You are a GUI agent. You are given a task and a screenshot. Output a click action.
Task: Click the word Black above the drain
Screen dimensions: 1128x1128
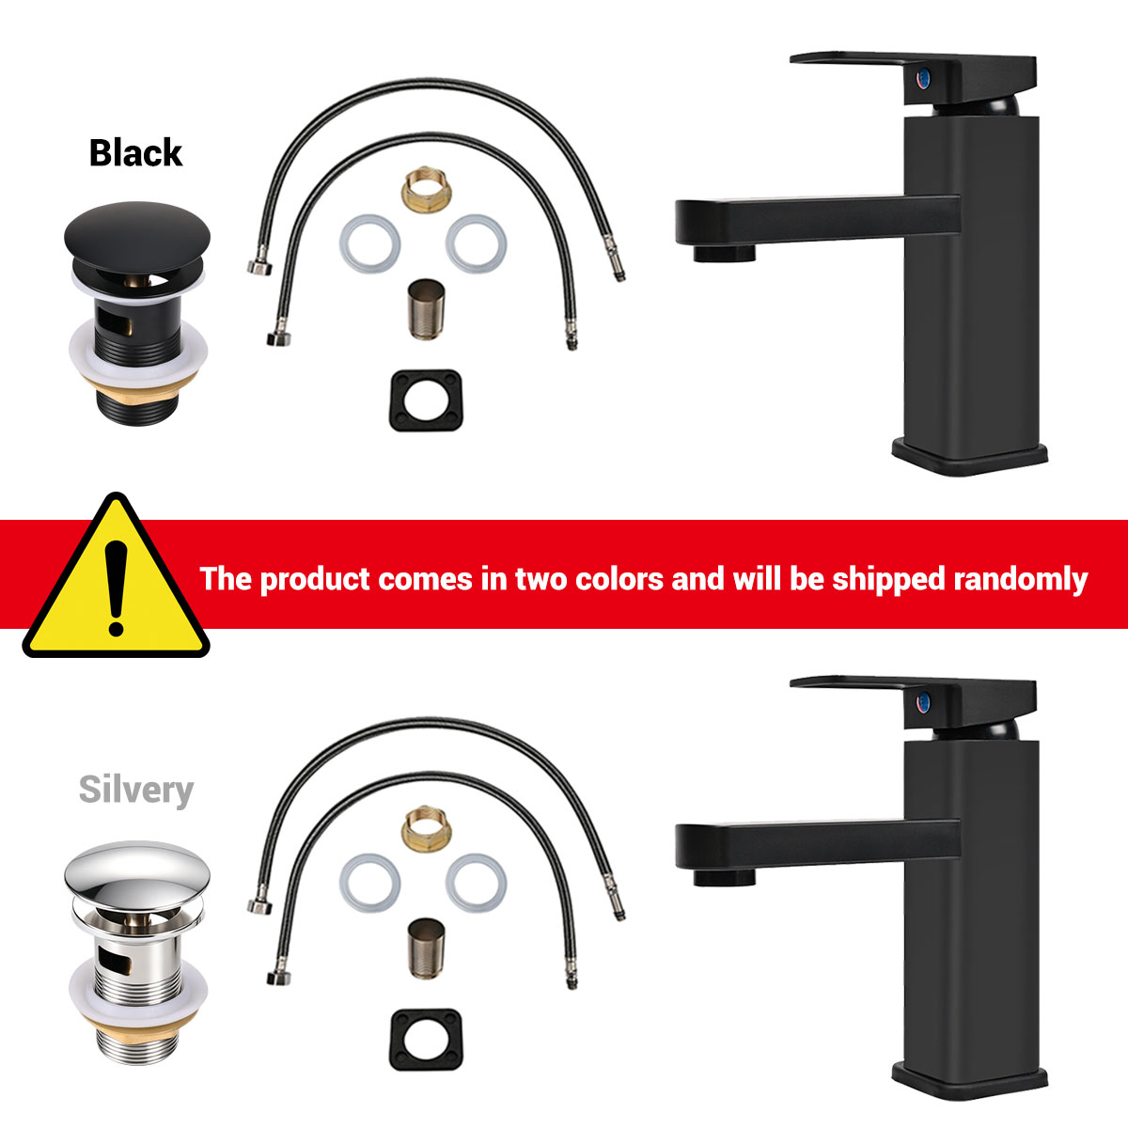click(x=135, y=153)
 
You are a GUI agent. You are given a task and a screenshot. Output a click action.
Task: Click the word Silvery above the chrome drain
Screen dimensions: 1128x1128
click(x=135, y=791)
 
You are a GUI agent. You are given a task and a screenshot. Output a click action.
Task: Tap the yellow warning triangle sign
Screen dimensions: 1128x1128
click(x=116, y=575)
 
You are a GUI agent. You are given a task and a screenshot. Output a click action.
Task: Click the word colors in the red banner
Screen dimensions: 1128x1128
click(x=619, y=579)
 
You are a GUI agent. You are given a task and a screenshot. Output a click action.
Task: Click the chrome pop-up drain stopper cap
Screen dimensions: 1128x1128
click(x=137, y=874)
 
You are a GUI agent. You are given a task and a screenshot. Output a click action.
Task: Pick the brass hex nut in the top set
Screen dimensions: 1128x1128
click(x=427, y=190)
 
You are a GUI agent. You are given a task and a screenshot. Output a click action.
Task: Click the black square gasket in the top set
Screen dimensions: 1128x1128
click(x=426, y=401)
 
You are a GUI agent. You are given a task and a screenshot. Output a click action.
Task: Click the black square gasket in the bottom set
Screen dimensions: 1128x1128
click(x=426, y=1040)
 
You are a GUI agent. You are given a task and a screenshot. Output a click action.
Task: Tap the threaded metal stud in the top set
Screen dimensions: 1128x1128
click(x=426, y=309)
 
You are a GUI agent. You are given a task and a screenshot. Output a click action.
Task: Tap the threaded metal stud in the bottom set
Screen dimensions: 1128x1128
click(x=426, y=948)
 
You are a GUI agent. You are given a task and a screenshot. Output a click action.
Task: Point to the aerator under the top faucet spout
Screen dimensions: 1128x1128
click(x=725, y=254)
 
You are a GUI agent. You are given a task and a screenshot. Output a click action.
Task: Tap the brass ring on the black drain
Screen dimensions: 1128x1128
click(x=138, y=382)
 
